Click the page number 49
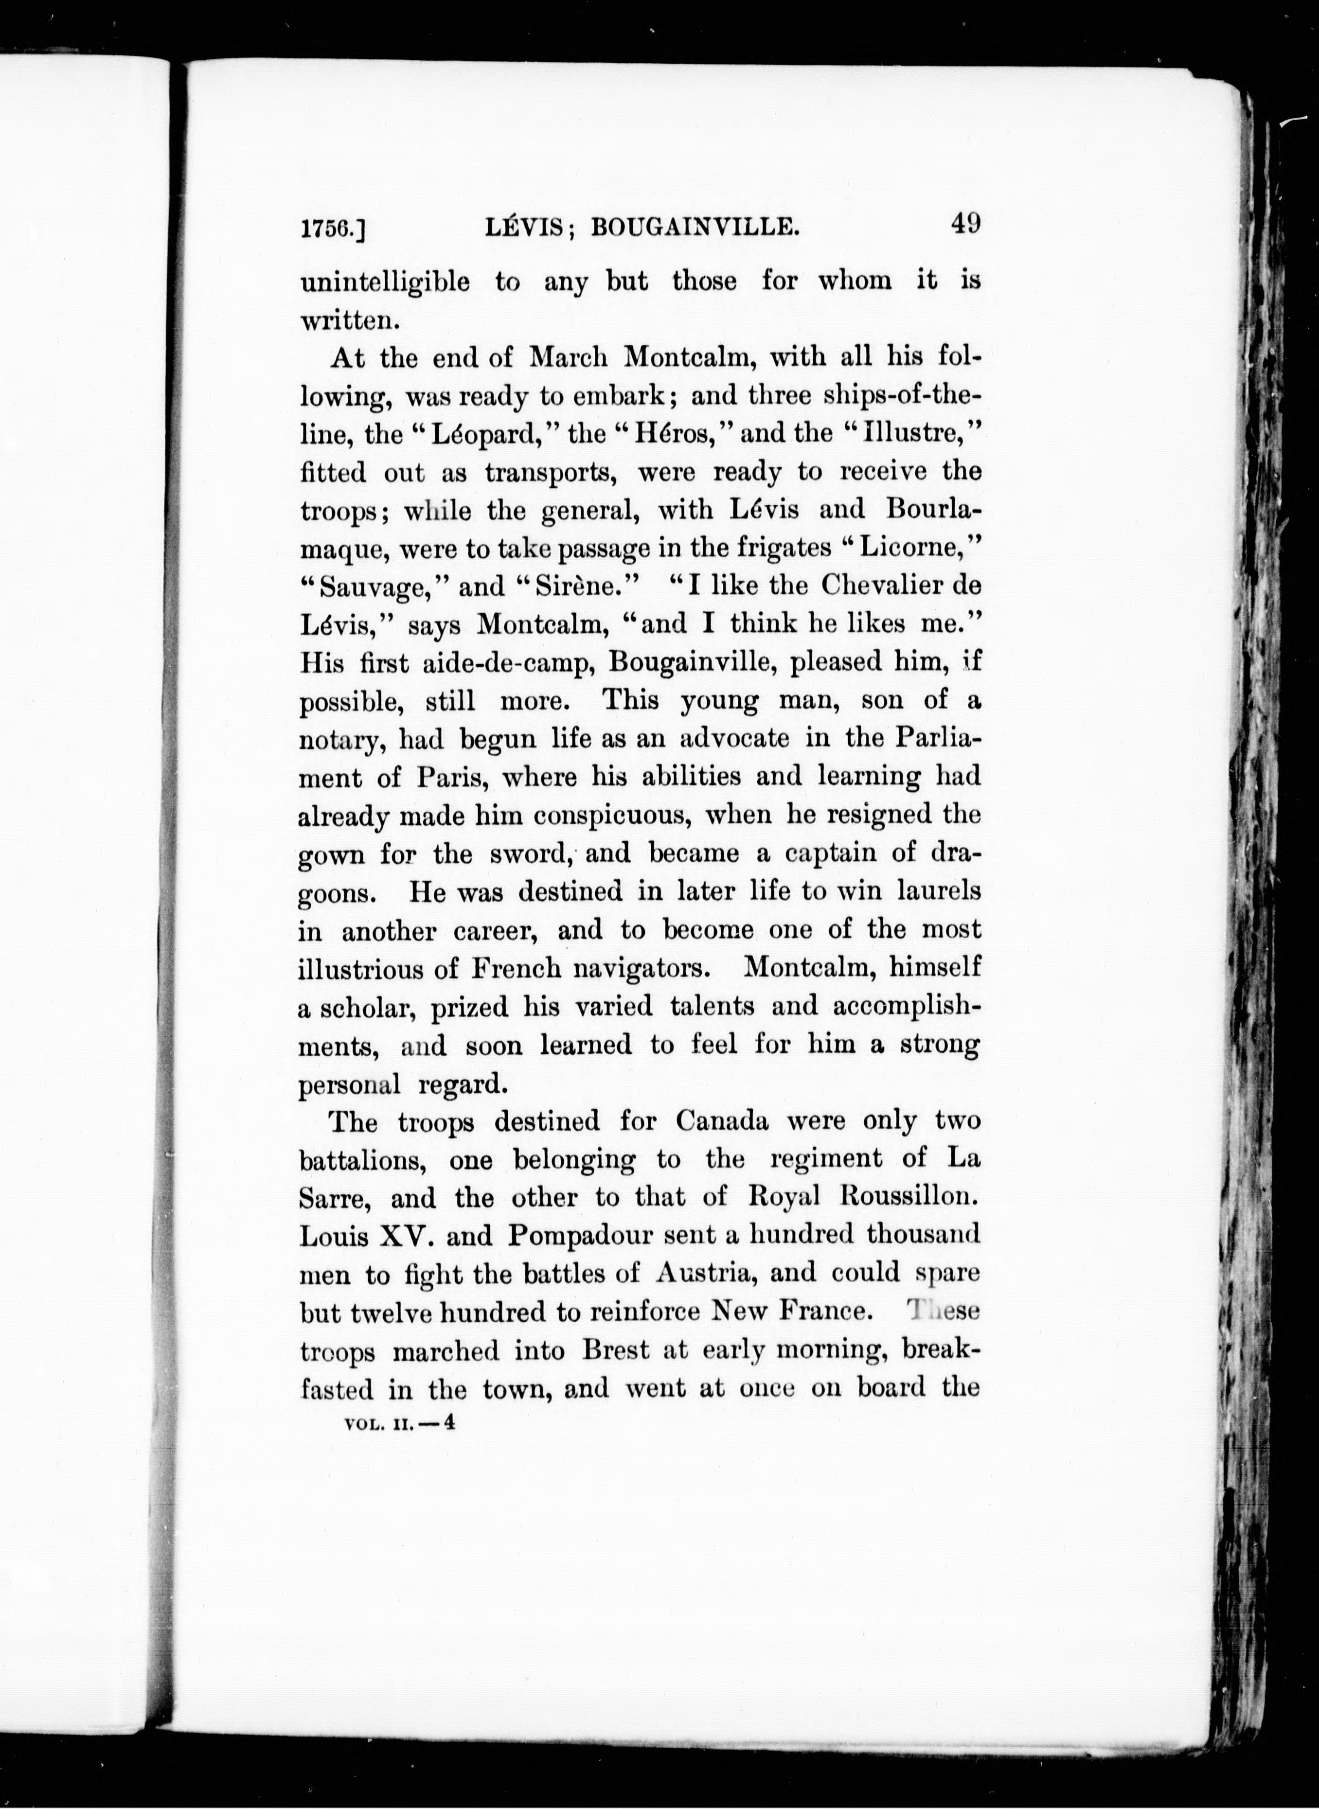point(964,224)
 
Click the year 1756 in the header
point(327,229)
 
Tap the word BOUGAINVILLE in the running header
point(694,229)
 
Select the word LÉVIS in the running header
point(526,229)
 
